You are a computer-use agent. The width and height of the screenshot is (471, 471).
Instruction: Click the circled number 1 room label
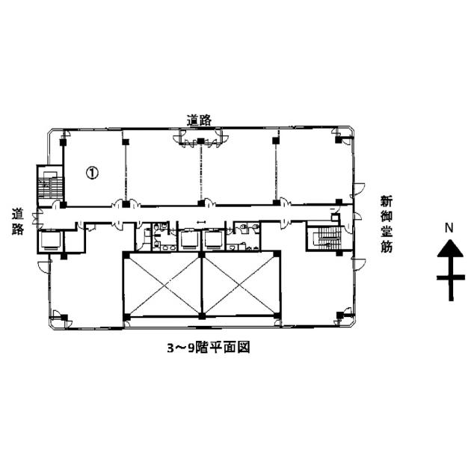point(92,173)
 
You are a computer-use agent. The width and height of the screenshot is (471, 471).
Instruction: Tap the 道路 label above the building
point(199,120)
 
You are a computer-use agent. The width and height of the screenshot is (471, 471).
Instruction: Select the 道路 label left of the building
point(18,221)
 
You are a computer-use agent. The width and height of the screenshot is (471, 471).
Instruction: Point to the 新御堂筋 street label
point(387,224)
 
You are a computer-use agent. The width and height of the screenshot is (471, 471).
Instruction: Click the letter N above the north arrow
point(449,228)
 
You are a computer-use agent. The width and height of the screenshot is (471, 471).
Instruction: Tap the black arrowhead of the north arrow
point(450,248)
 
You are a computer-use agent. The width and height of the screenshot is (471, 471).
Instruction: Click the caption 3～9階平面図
point(209,348)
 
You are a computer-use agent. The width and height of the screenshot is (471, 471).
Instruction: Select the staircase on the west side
point(51,185)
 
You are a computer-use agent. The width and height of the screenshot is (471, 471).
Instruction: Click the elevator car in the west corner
point(51,240)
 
